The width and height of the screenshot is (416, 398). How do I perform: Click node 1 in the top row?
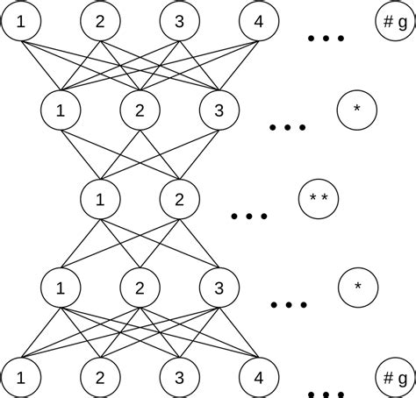point(21,20)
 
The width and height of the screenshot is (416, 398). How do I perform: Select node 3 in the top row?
point(180,20)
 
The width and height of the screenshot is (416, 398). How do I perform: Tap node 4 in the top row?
point(259,20)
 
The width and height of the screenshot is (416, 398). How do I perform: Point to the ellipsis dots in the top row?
point(326,39)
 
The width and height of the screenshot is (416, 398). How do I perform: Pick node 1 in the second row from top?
point(61,110)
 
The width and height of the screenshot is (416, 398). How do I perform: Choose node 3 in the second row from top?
point(219,110)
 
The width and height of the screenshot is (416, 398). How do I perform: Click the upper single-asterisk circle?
point(356,110)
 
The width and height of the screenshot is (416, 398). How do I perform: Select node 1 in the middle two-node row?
point(100,199)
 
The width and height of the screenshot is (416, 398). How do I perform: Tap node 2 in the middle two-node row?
point(180,199)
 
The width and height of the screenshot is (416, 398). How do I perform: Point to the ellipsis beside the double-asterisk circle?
point(249,216)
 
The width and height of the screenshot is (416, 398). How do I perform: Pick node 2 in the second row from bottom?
point(140,288)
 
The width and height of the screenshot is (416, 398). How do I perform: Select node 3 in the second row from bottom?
point(219,288)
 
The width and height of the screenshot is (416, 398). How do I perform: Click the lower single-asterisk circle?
point(356,288)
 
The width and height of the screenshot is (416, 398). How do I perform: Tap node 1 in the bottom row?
point(21,377)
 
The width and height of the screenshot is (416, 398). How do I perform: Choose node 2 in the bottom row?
point(100,377)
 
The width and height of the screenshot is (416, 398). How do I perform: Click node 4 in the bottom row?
point(259,377)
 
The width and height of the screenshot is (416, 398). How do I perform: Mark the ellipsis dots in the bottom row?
point(326,392)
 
